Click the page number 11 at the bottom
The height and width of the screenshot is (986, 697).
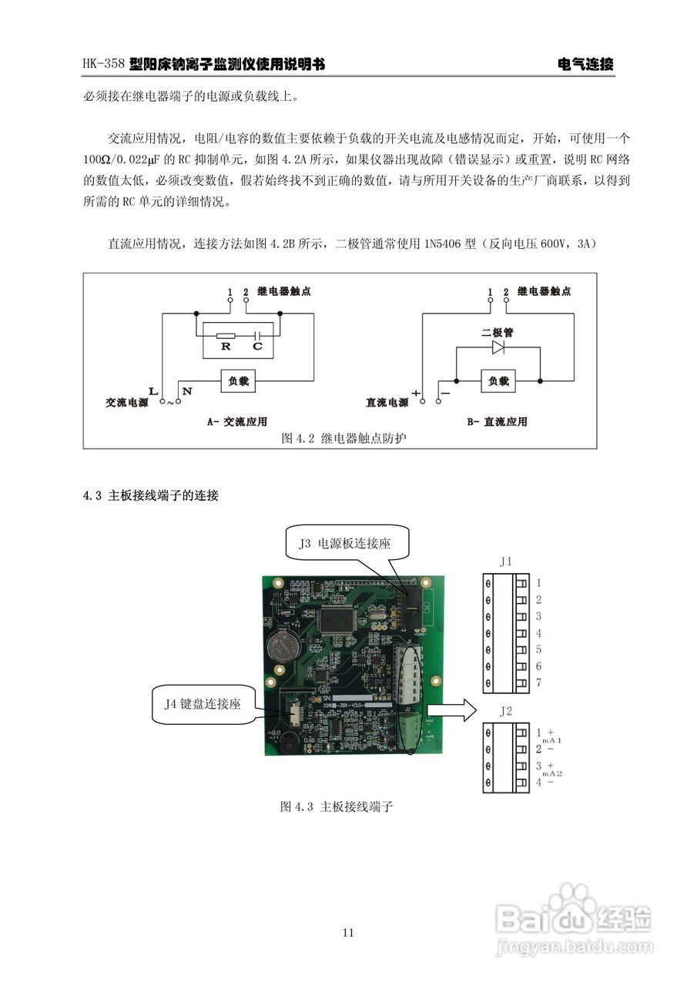point(348,933)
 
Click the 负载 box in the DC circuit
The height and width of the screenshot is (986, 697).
point(498,381)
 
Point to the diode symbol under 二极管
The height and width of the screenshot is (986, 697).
point(498,348)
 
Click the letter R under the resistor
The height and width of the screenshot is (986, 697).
point(226,347)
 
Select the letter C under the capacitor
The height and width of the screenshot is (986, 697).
point(257,347)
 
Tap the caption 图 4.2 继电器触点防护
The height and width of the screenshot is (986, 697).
point(343,438)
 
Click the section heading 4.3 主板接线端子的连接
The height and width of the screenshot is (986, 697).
point(151,496)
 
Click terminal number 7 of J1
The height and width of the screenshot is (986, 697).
point(539,683)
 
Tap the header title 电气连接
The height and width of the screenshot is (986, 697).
point(585,65)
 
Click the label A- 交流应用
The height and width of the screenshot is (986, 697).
point(236,422)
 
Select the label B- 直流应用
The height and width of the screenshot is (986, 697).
point(497,422)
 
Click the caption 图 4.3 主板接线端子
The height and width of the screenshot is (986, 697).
point(337,807)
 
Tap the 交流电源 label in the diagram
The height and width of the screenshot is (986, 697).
point(127,403)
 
